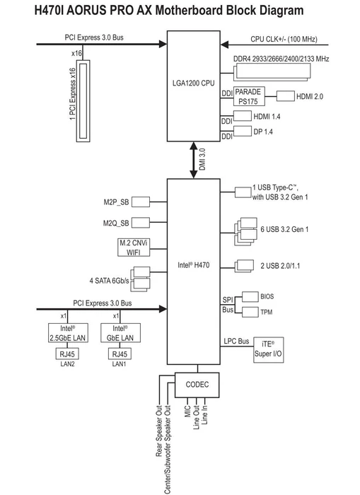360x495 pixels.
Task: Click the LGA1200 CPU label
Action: tap(193, 83)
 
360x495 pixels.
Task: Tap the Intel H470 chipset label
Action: tap(193, 265)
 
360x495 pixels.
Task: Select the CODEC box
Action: tap(197, 385)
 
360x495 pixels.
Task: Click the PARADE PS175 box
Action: tap(249, 96)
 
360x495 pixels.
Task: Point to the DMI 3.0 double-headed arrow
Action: tap(193, 160)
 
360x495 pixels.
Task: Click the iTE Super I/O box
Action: tap(269, 350)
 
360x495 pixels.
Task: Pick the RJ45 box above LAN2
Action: tap(67, 354)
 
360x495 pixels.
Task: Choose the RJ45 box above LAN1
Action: tap(120, 354)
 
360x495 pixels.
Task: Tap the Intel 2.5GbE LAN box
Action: tap(68, 333)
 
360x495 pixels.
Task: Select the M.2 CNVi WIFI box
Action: tap(134, 248)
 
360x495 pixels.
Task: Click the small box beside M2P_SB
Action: tap(141, 202)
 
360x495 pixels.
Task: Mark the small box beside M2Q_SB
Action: tap(141, 223)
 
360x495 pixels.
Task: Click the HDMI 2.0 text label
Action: tap(310, 97)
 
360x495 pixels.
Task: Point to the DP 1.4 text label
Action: tap(263, 132)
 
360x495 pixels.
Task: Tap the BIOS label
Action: tap(267, 296)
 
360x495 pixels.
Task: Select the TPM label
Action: tap(266, 313)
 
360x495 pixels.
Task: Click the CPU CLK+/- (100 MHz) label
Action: tap(284, 39)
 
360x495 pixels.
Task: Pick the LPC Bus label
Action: tap(236, 342)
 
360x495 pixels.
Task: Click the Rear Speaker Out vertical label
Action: tap(159, 431)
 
